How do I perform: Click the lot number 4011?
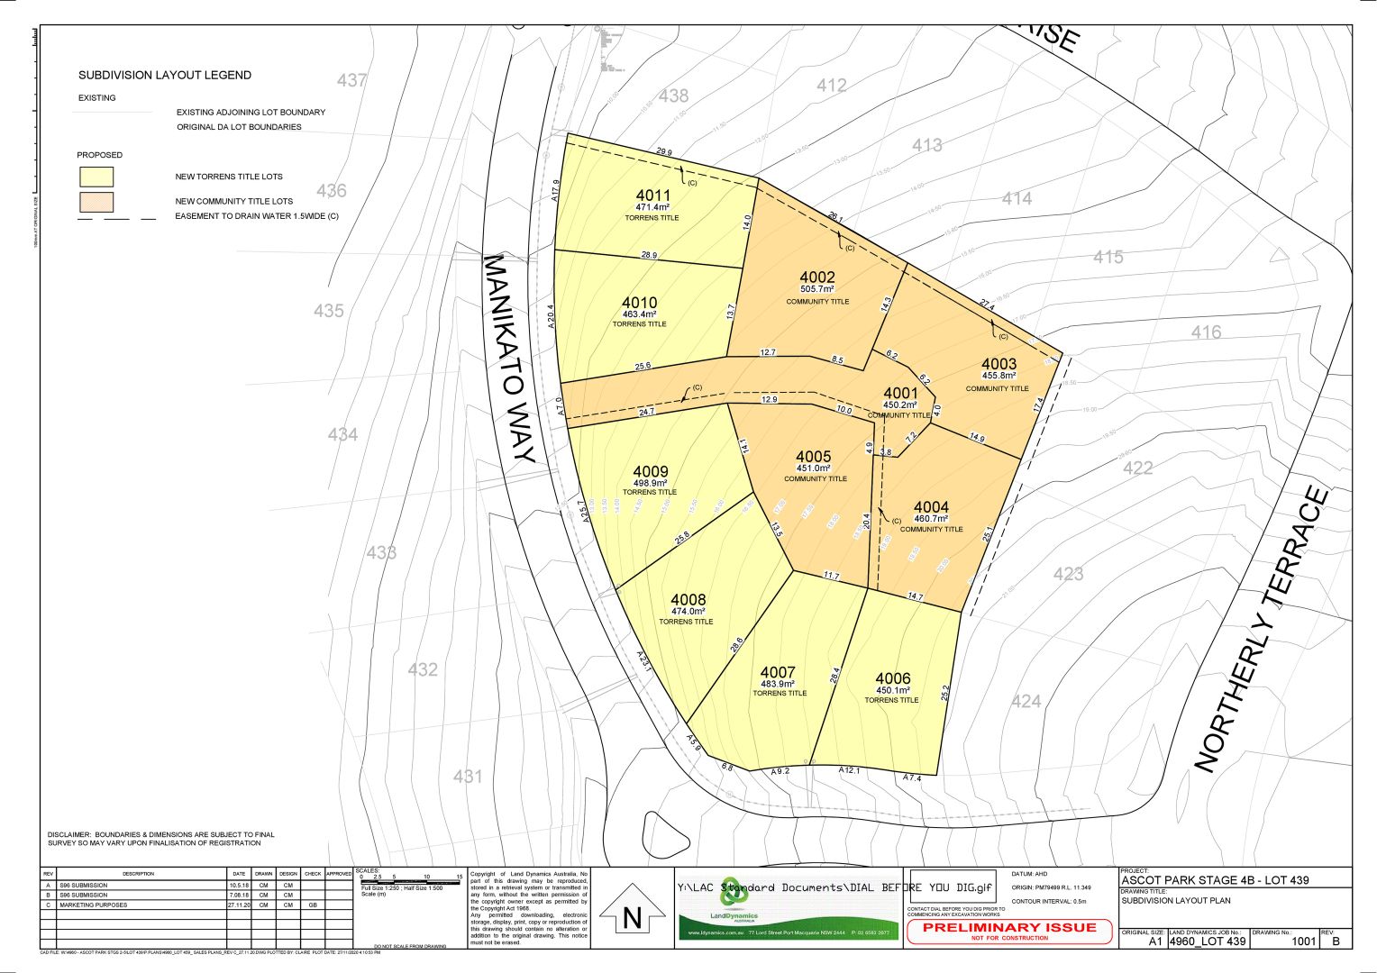(652, 196)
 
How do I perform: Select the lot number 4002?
(817, 277)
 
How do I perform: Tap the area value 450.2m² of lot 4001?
(899, 405)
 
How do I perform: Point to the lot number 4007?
(778, 672)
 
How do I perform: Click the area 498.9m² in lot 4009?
(650, 483)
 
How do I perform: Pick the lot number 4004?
(931, 507)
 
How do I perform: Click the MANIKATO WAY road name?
(510, 358)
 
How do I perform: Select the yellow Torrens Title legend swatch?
(96, 177)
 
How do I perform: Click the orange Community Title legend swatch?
(96, 201)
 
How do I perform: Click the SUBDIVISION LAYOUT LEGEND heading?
(165, 75)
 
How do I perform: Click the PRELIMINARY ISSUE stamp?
(1009, 928)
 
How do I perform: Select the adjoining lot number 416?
(1206, 332)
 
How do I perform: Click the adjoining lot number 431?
(468, 776)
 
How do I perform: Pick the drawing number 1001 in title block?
(1303, 941)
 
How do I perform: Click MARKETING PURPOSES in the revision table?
(93, 905)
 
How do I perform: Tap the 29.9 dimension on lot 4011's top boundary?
(664, 152)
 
